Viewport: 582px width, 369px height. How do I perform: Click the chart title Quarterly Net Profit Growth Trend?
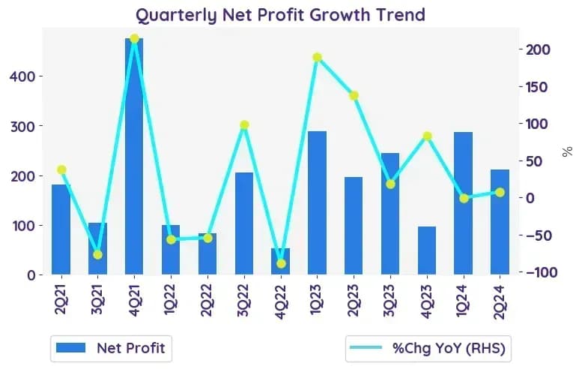coord(281,15)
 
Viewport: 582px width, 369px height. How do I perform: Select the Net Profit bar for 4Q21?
coord(134,157)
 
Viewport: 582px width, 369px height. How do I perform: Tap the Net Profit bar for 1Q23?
coord(317,203)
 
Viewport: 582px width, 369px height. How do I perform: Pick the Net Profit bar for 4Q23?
coord(427,250)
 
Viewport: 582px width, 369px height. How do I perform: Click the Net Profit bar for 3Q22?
coord(244,223)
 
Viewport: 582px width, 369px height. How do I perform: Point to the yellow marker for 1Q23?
coord(317,57)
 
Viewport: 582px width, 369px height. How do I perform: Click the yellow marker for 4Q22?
coord(281,263)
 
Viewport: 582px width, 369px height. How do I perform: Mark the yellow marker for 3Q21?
coord(97,254)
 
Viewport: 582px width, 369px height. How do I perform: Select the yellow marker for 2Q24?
coord(500,192)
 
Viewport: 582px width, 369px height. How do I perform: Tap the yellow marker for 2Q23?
coord(354,95)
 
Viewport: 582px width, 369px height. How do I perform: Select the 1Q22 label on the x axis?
coord(171,299)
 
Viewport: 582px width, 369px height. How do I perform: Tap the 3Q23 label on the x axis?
coord(390,300)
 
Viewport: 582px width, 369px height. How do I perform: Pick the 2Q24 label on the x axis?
coord(500,301)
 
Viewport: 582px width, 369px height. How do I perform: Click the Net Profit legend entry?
coord(111,348)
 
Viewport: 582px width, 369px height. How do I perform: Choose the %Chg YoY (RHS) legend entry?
coord(428,348)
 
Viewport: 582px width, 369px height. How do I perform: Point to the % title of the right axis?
coord(567,151)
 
